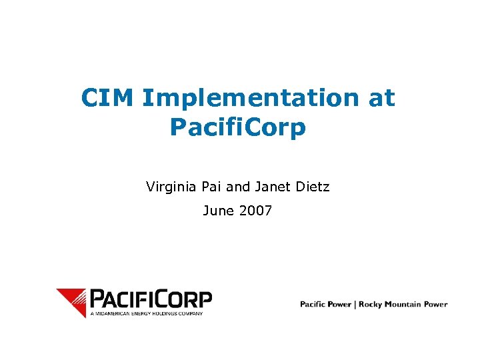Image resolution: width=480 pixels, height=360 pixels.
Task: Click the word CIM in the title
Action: (x=108, y=98)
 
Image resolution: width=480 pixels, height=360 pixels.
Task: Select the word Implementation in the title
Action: (x=250, y=98)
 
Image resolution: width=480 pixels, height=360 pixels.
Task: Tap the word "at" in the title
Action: (x=381, y=98)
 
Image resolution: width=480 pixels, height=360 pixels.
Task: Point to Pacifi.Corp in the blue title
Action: (x=238, y=127)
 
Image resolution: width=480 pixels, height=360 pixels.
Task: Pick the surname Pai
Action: (x=213, y=187)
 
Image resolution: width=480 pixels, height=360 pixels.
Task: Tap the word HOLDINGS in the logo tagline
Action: (x=166, y=312)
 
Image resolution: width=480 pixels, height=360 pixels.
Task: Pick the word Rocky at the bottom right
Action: (x=372, y=305)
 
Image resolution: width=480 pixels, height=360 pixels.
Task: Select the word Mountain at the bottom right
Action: (x=405, y=305)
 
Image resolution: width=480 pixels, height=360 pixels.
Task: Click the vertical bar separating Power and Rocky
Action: (x=355, y=305)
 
